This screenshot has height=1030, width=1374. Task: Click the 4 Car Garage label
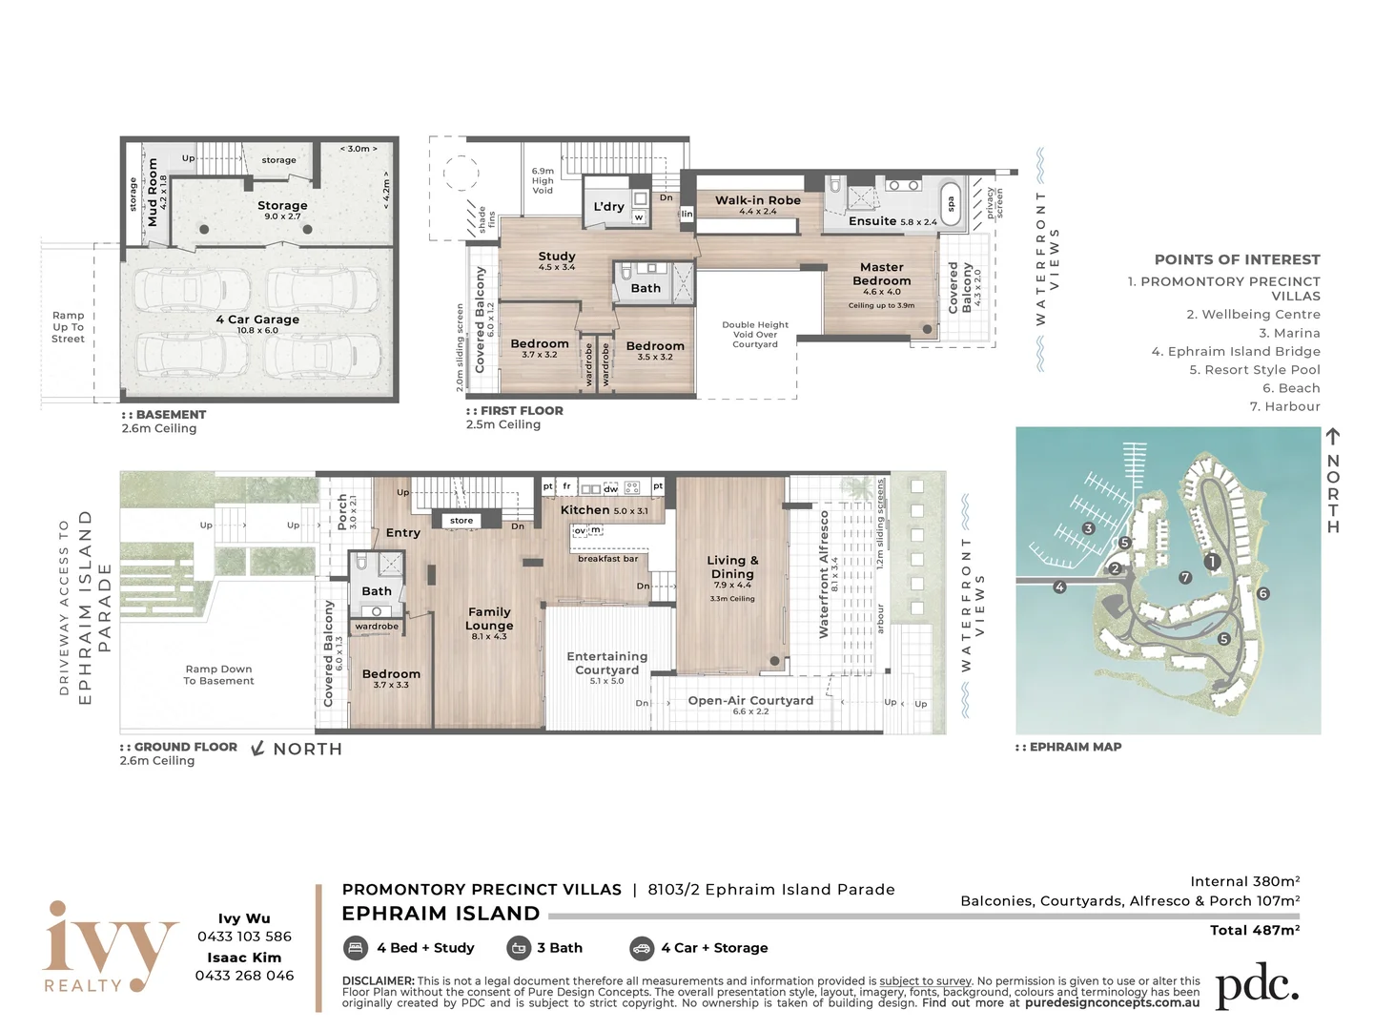257,320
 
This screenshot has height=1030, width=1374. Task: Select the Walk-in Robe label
758,201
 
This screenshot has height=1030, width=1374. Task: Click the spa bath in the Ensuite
950,203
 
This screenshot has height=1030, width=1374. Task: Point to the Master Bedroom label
882,275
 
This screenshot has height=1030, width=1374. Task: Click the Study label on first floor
557,257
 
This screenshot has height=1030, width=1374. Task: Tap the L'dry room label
608,207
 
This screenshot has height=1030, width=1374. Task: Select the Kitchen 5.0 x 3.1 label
604,510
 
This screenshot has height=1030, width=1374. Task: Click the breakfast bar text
607,559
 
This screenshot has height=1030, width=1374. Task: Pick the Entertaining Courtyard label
607,663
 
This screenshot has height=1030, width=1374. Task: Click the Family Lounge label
489,619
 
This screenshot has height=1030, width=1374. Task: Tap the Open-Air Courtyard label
750,701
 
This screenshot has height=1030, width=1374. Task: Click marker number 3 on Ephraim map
1088,529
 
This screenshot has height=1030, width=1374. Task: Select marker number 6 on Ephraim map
1263,594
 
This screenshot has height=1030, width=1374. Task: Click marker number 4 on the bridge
1059,587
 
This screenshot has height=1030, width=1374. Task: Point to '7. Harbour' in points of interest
1284,407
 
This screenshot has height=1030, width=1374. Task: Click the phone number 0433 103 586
244,937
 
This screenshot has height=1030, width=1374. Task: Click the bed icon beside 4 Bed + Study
356,948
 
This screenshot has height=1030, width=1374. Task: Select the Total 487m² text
1254,931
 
